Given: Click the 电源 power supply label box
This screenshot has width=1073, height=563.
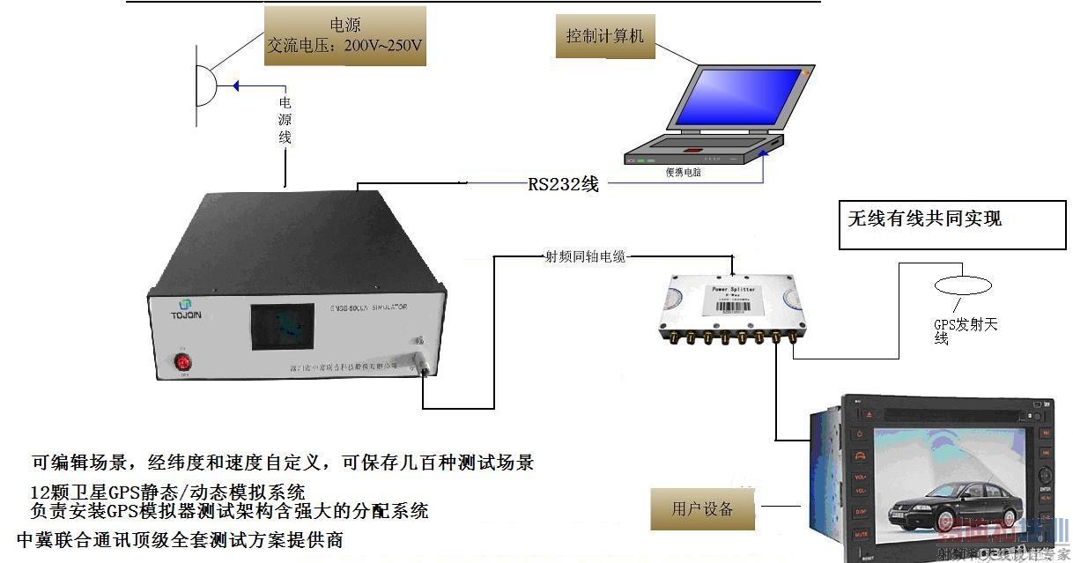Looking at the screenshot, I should point(344,36).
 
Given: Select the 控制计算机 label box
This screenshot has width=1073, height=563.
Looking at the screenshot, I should point(605,36).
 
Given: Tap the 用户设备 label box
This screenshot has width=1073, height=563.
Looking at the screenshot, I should point(702,508).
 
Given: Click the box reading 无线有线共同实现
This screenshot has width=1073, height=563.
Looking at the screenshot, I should point(951,225).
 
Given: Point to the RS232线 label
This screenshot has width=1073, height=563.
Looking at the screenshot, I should point(563,184).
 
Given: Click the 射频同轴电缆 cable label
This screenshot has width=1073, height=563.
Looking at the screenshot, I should point(585,256).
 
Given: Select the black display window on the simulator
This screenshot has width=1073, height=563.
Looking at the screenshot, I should point(282,325).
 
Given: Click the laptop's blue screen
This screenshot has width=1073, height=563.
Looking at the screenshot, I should point(737,100).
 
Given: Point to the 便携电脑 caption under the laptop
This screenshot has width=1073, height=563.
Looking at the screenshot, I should point(684,173).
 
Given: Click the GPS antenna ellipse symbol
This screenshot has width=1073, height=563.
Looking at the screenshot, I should point(963,285).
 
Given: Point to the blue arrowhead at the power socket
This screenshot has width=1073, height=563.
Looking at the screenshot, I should point(235,85).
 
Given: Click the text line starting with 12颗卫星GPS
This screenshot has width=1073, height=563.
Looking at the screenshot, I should point(167,492).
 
